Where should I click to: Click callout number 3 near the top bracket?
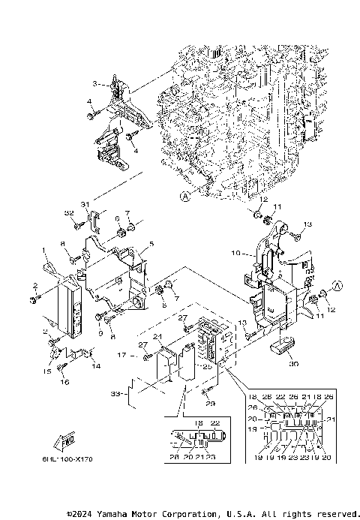pyautogui.click(x=95, y=83)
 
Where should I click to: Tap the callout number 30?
pyautogui.click(x=292, y=364)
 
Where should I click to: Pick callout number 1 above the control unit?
pyautogui.click(x=44, y=250)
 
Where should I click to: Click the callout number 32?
pyautogui.click(x=69, y=214)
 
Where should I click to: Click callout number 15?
pyautogui.click(x=46, y=371)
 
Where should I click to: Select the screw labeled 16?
pyautogui.click(x=64, y=368)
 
